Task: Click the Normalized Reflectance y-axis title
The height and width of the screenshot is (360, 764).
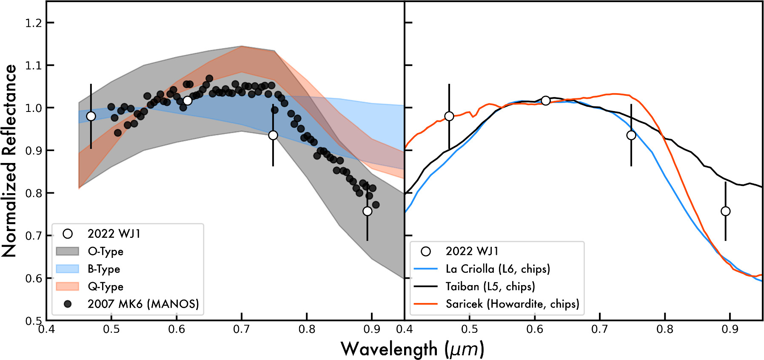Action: (x=9, y=160)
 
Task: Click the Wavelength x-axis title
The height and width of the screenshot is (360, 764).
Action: (x=412, y=349)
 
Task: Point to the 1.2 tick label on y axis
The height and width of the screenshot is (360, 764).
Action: (x=34, y=23)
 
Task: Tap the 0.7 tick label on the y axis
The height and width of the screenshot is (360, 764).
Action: (x=34, y=236)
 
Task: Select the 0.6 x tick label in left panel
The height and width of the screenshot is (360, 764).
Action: (x=177, y=329)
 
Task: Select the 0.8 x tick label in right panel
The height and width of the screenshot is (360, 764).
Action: (x=665, y=329)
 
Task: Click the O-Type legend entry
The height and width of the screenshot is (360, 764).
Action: (x=105, y=251)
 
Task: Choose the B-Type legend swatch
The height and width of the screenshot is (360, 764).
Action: (x=68, y=269)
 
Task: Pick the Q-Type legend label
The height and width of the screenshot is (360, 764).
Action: (x=105, y=286)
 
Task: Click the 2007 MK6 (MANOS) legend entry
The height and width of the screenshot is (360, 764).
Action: (x=143, y=304)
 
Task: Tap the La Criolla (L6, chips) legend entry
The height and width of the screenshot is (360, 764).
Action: (x=498, y=269)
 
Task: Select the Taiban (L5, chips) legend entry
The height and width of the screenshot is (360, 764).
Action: (x=490, y=286)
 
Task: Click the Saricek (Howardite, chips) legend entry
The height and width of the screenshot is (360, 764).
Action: (x=512, y=304)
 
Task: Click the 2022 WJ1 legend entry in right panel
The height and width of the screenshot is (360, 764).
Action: (x=472, y=251)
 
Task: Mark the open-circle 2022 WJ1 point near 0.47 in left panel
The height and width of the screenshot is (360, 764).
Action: (x=91, y=116)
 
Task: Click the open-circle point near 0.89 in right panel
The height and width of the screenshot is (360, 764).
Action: (x=726, y=211)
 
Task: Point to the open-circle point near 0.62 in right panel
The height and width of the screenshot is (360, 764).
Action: (x=546, y=100)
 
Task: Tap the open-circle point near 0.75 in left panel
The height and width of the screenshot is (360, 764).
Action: (x=273, y=135)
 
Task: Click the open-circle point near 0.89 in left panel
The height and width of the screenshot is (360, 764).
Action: (x=368, y=211)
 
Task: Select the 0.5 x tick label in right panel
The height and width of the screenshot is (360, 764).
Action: (x=470, y=329)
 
